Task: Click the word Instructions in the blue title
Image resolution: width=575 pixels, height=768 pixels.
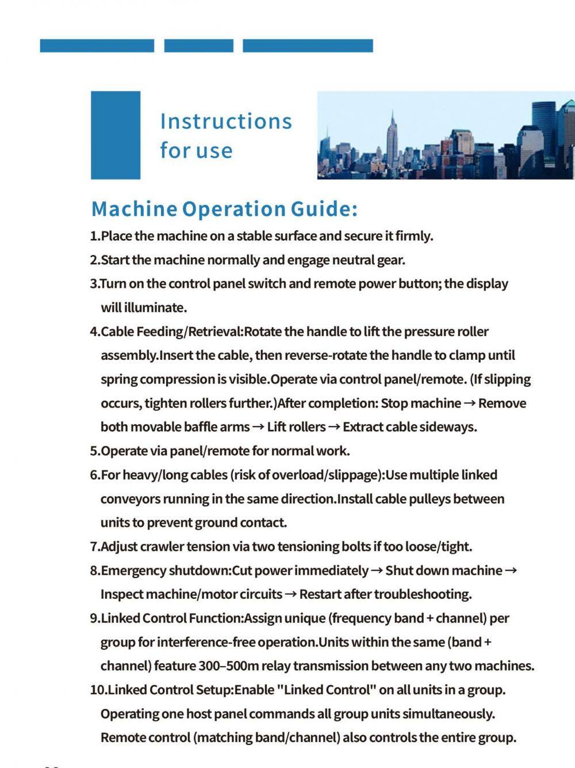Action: click(226, 121)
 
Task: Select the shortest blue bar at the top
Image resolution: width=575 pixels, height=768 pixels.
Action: click(198, 45)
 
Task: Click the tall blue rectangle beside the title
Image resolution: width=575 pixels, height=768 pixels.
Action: click(116, 135)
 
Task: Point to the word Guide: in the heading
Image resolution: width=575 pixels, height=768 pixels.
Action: click(324, 208)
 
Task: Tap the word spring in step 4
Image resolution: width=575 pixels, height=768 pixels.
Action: click(118, 379)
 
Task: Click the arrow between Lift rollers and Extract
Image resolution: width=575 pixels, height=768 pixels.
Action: click(334, 427)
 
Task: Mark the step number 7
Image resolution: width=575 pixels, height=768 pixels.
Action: click(94, 546)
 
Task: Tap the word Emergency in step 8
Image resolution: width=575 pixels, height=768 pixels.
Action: click(133, 571)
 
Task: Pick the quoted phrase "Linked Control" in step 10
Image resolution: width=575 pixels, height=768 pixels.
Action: click(327, 690)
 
